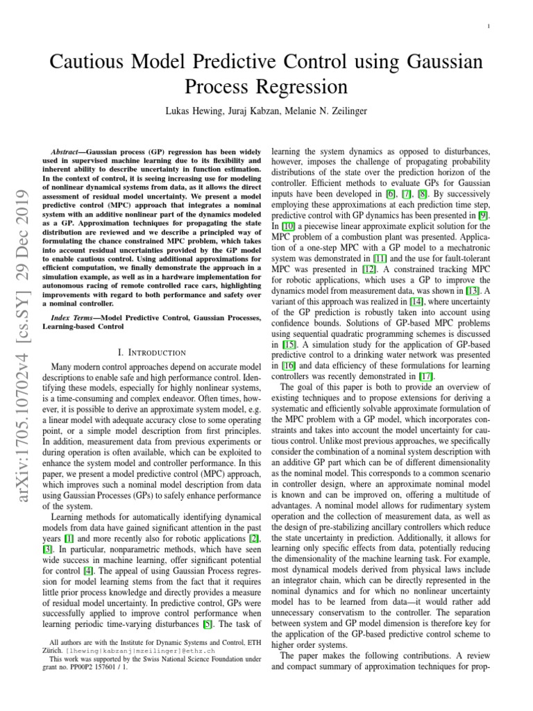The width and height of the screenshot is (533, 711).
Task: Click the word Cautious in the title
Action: tap(91, 65)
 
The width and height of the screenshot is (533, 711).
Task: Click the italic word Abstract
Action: tap(68, 151)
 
